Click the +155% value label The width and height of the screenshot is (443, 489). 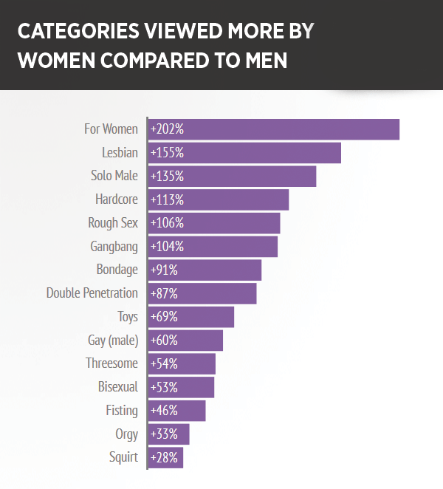tap(166, 153)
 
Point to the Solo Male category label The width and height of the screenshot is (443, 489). tap(115, 176)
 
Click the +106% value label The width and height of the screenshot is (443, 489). tap(166, 223)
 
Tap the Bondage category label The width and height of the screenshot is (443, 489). tap(117, 270)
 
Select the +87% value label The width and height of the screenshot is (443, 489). tap(163, 293)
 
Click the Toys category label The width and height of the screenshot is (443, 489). tap(127, 317)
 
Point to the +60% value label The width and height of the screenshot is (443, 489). tap(164, 340)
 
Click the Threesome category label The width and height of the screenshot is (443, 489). tap(111, 363)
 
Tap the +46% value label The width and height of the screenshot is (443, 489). tap(163, 410)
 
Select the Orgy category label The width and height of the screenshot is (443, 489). tap(126, 434)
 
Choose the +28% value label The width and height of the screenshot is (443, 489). tap(163, 457)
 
